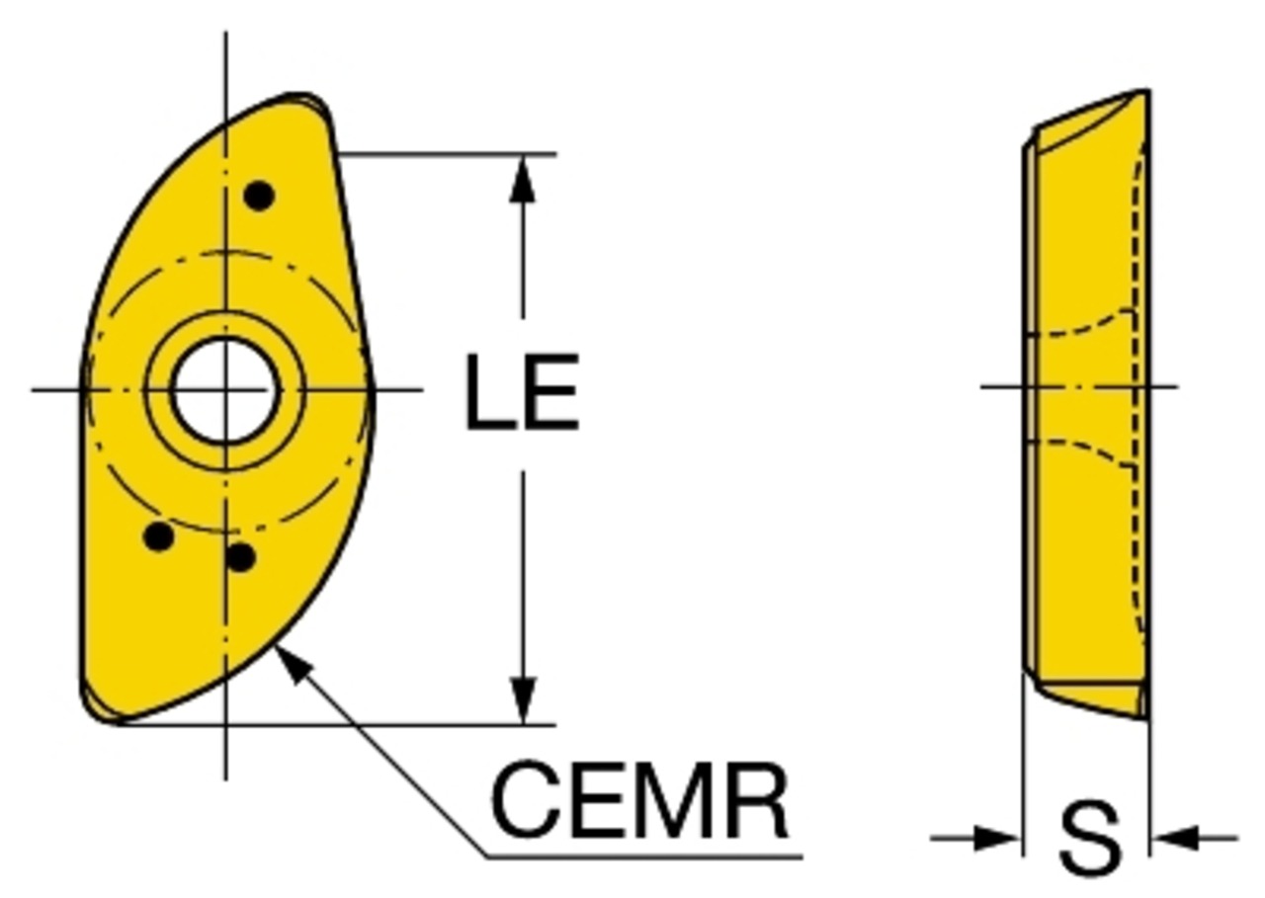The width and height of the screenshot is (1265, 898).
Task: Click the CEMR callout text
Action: click(639, 801)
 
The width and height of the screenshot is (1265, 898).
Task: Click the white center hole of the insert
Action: click(225, 390)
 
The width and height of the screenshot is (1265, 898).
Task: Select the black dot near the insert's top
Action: click(259, 196)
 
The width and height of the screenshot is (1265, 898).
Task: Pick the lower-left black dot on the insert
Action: click(159, 536)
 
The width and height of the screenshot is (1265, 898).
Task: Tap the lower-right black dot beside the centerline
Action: click(240, 557)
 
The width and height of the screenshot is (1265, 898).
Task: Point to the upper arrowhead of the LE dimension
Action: click(523, 178)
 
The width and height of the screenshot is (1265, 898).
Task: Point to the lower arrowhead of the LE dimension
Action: click(523, 700)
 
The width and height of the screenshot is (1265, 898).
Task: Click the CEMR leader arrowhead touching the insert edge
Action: click(293, 666)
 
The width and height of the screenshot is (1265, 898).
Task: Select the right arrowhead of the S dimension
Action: click(1175, 839)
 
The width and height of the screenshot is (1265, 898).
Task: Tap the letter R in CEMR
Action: click(760, 801)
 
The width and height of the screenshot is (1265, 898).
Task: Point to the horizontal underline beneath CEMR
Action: click(644, 857)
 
